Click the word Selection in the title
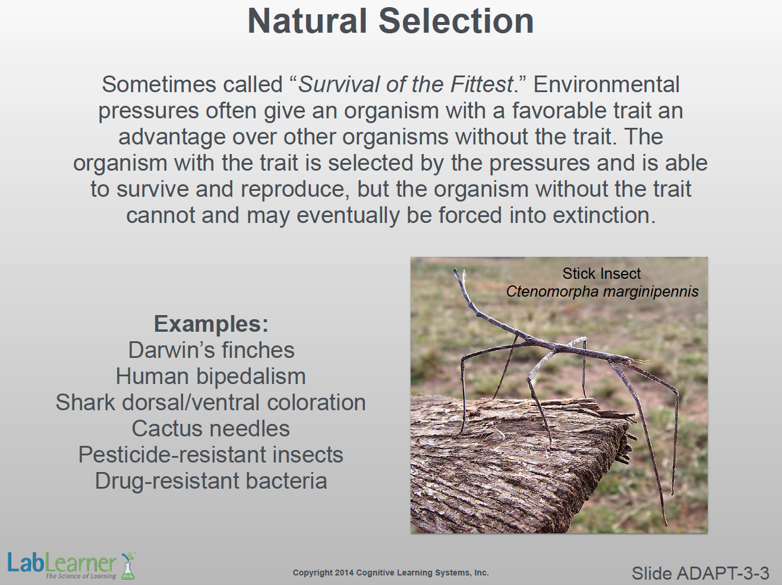456,21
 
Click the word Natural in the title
307,21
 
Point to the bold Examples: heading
211,324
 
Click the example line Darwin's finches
212,350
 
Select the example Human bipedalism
211,376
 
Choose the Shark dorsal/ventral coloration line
211,402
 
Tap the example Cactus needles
211,428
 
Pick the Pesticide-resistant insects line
211,455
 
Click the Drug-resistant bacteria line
211,480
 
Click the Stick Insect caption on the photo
601,273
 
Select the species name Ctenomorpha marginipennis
603,291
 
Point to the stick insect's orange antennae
639,362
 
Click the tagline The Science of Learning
81,576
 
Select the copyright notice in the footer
391,573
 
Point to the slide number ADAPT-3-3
701,573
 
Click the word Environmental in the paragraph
606,85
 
